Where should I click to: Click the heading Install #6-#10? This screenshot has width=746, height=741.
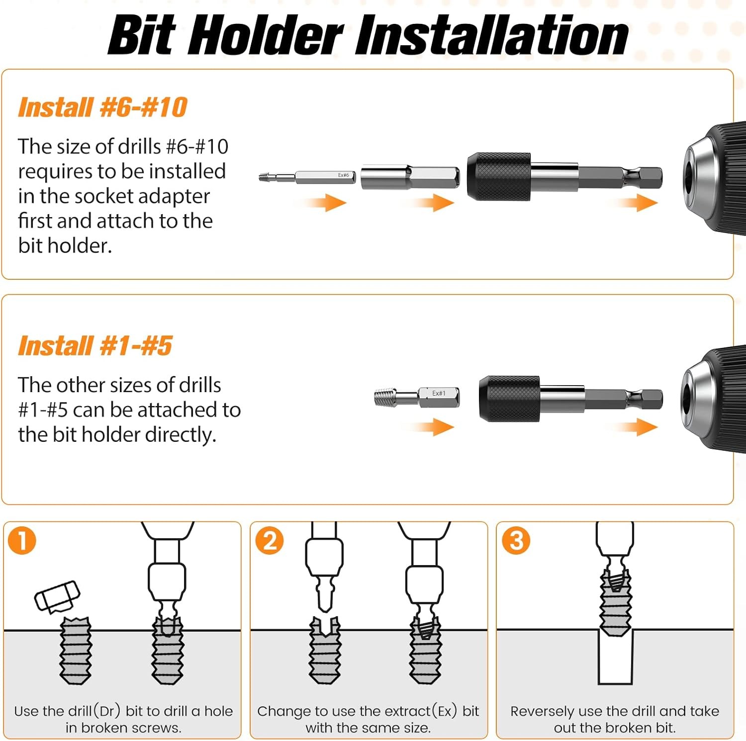click(x=102, y=107)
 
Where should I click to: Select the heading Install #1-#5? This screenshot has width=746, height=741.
click(x=95, y=346)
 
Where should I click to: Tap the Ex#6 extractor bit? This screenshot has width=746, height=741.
click(x=307, y=176)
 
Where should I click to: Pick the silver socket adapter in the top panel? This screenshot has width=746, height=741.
click(x=410, y=176)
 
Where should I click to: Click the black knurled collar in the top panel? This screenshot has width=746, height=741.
click(x=499, y=176)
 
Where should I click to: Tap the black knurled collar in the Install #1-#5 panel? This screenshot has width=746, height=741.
click(x=510, y=399)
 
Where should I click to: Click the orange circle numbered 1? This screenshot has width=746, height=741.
click(x=22, y=541)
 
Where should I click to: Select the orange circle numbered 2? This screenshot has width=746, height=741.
click(x=269, y=541)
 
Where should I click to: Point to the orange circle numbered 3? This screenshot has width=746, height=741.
click(x=516, y=541)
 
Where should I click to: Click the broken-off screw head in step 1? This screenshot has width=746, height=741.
click(x=57, y=596)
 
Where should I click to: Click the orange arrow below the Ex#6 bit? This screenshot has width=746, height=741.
click(x=325, y=202)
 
